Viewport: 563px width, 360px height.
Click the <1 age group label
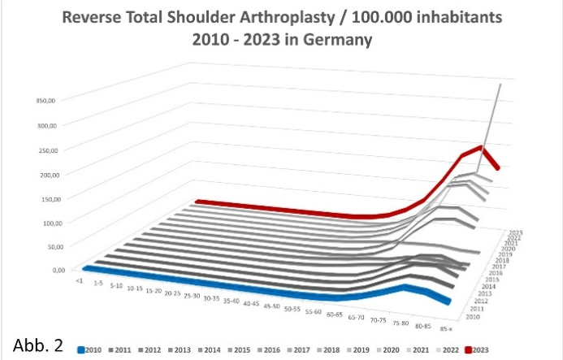pyautogui.click(x=79, y=280)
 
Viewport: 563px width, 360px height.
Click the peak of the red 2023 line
pyautogui.click(x=482, y=148)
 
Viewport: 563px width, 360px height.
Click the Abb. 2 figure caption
pyautogui.click(x=38, y=342)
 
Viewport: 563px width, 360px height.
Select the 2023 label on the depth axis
pyautogui.click(x=514, y=232)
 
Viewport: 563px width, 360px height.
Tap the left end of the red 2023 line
pyautogui.click(x=196, y=201)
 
